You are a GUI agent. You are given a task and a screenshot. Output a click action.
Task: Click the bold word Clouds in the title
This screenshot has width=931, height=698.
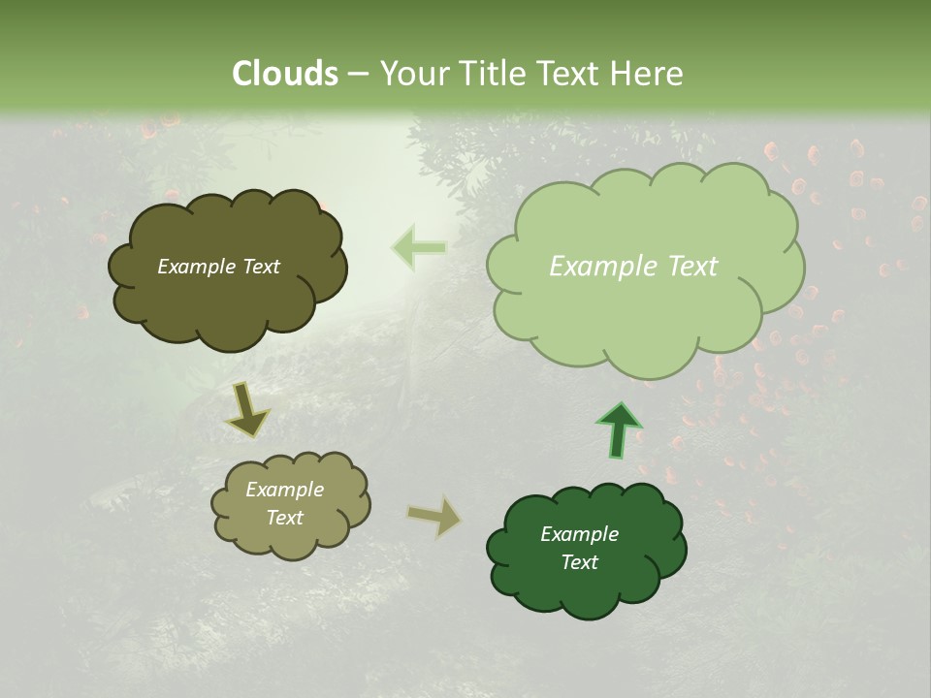click(x=285, y=74)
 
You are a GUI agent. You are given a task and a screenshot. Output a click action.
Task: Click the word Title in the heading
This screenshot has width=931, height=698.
click(x=494, y=74)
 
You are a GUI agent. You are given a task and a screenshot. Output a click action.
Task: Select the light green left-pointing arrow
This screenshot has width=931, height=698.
click(x=419, y=248)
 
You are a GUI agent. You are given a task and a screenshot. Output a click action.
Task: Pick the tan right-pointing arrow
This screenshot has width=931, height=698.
click(x=434, y=516)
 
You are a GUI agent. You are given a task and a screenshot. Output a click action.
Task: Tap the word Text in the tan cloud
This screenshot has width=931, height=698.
click(x=285, y=518)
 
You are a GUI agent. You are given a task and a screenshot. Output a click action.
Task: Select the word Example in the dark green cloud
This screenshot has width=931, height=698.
click(x=579, y=534)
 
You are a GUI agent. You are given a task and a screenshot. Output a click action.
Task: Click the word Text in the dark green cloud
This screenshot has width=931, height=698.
click(x=579, y=562)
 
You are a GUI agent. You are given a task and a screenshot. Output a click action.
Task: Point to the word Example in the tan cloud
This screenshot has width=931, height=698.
click(x=285, y=490)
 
